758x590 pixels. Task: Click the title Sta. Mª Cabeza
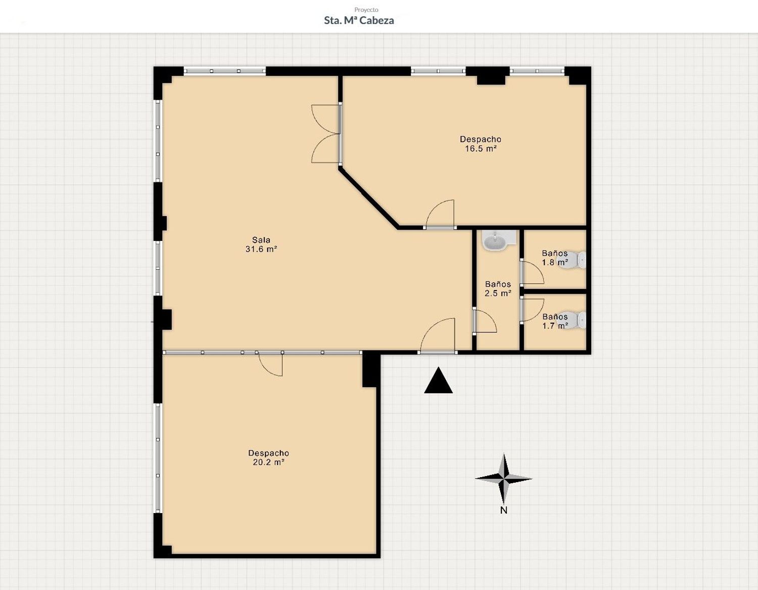359,20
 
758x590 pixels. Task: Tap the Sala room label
261,240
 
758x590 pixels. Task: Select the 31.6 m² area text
261,249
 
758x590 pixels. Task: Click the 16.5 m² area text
481,148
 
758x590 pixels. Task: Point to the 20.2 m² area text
269,462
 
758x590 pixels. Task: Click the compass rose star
504,479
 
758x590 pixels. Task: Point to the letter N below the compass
504,510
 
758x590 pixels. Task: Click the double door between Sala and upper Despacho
326,134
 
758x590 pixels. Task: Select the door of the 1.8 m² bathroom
532,272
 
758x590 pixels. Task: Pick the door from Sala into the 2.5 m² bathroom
485,321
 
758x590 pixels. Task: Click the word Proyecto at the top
366,10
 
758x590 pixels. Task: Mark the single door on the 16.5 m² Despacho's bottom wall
440,215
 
